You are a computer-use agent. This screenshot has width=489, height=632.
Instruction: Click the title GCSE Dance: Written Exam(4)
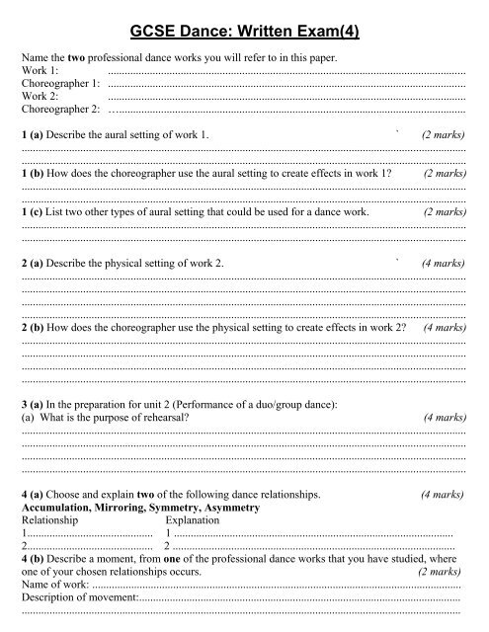click(245, 34)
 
